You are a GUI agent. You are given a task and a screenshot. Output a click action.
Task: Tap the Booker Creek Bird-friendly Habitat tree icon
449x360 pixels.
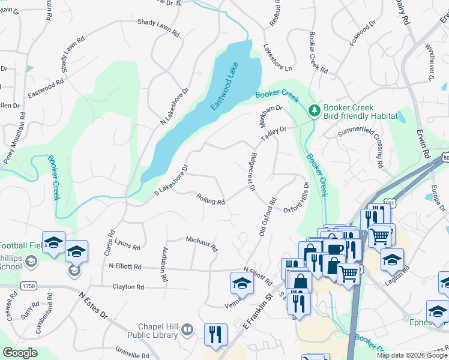point(313,110)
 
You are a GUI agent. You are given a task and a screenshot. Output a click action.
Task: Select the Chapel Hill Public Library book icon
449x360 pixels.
point(187,330)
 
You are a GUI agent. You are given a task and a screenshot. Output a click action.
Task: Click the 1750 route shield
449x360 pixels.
point(28,286)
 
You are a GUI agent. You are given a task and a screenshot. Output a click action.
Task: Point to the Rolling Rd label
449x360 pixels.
point(211,199)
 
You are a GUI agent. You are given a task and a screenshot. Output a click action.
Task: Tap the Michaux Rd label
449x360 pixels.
point(202,242)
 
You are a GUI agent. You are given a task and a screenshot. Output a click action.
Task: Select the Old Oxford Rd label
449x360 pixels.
point(267,217)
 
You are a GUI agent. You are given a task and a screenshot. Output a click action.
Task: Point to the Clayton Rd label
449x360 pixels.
point(128,287)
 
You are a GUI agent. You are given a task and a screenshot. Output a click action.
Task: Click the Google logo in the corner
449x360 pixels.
point(20,353)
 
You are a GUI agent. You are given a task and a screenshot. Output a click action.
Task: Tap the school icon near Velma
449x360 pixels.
point(241,283)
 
